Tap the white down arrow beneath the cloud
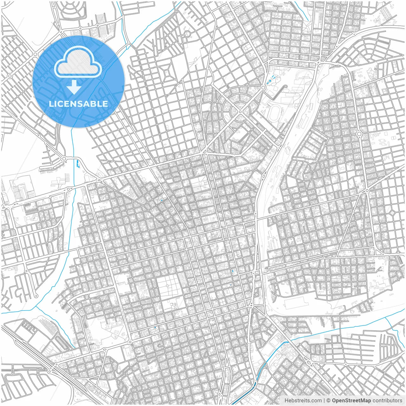[74, 87]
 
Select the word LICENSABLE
[78, 104]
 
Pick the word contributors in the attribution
[387, 400]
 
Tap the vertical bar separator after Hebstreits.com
[324, 400]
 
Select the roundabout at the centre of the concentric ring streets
[240, 112]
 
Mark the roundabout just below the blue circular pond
[263, 88]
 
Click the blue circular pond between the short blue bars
[270, 81]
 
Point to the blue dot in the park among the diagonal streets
[161, 200]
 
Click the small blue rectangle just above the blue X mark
[232, 271]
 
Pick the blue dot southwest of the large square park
[155, 327]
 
